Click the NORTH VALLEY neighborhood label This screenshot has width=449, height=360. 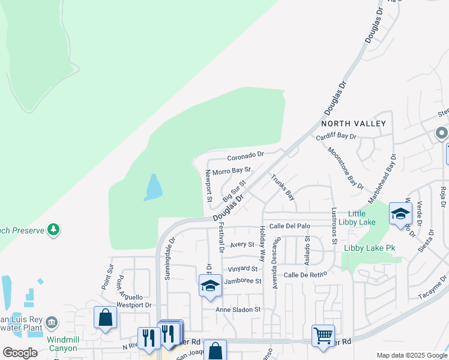[x=353, y=123]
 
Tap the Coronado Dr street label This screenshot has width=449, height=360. [x=246, y=157]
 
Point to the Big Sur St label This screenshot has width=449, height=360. [x=235, y=191]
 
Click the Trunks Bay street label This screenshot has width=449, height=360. [x=283, y=187]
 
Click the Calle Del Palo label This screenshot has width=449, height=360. [x=289, y=226]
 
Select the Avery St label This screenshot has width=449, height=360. [x=243, y=245]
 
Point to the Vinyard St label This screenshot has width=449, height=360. [x=243, y=269]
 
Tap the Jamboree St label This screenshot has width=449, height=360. [x=243, y=281]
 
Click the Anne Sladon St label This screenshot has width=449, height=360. [x=239, y=310]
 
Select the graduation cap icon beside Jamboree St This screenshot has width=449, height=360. [x=210, y=286]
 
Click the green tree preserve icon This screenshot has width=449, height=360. [x=54, y=229]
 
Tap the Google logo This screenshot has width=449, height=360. [x=20, y=353]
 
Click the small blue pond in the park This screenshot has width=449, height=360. [x=153, y=187]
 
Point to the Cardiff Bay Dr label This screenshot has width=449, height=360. [x=336, y=137]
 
